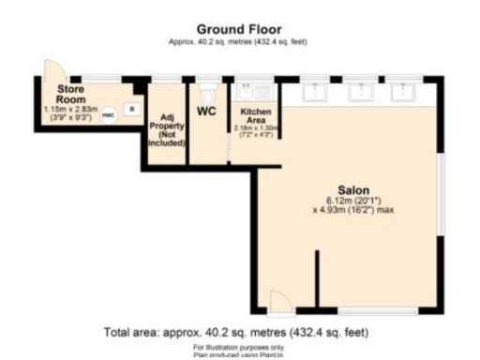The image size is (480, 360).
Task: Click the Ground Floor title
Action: click(x=239, y=29)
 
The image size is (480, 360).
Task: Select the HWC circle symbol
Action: click(x=108, y=114)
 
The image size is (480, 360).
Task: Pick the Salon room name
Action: click(x=352, y=187)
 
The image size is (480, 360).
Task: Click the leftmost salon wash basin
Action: click(x=312, y=92)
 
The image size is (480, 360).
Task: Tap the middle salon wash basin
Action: click(x=360, y=92)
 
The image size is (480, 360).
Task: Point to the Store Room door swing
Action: click(x=52, y=71)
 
